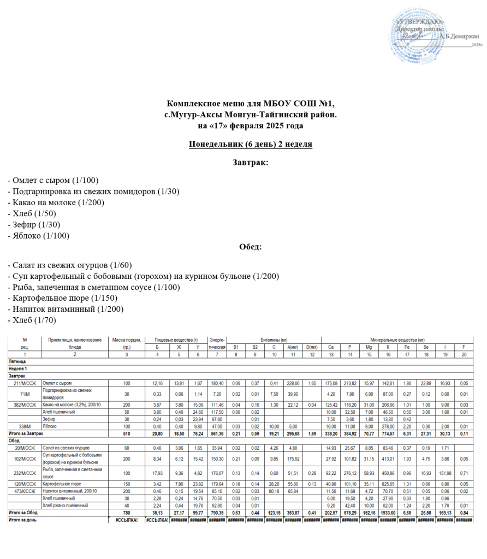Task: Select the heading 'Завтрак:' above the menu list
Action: pos(250,163)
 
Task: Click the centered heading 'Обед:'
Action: pos(250,247)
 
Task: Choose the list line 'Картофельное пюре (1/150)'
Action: pos(62,298)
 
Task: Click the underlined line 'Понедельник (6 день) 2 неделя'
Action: pos(250,145)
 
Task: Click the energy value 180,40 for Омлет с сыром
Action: pos(217,383)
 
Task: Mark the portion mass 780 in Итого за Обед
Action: pos(127,513)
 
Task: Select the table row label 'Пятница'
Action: pos(16,362)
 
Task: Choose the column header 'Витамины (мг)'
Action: pos(274,340)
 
